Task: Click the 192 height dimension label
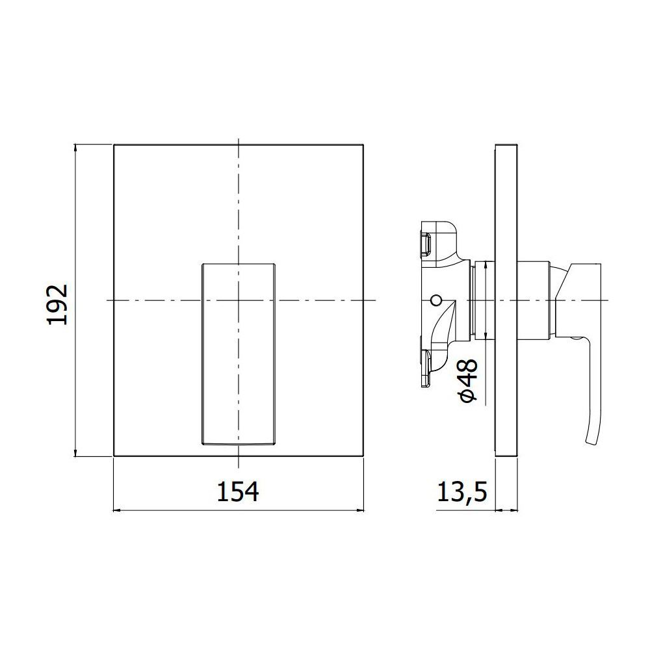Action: pyautogui.click(x=58, y=305)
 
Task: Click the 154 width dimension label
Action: pyautogui.click(x=238, y=491)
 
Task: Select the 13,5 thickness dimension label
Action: pyautogui.click(x=461, y=493)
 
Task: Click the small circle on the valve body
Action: pyautogui.click(x=435, y=300)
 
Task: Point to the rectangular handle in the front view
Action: pyautogui.click(x=239, y=354)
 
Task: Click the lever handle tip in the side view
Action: pyautogui.click(x=591, y=442)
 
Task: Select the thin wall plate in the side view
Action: pyautogui.click(x=506, y=300)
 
